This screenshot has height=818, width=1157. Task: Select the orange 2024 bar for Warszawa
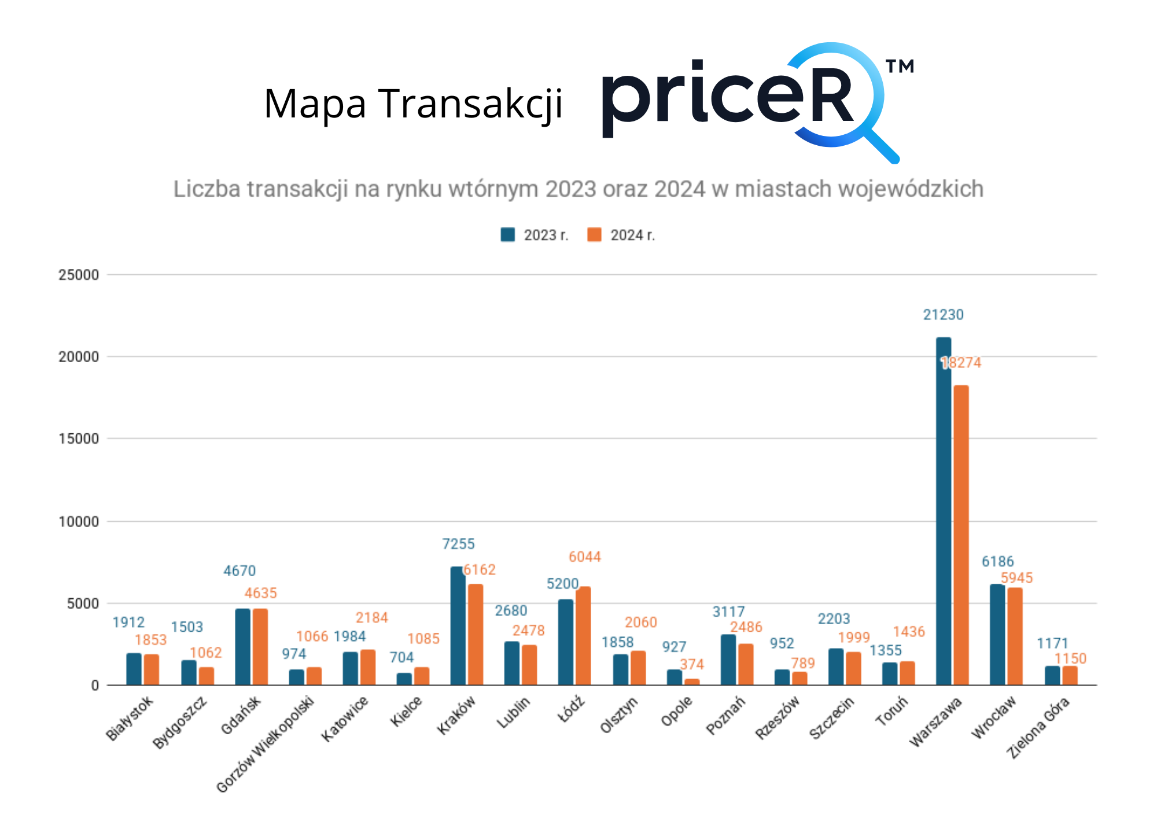click(x=961, y=535)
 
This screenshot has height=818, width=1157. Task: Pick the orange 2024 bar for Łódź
click(x=583, y=636)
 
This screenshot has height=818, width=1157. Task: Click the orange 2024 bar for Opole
click(x=691, y=682)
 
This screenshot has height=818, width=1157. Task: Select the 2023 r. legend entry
click(x=535, y=235)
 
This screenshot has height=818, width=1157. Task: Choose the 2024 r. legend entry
click(x=621, y=235)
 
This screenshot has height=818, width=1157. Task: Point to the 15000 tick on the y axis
click(x=79, y=439)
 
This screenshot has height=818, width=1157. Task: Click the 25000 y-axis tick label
click(x=79, y=275)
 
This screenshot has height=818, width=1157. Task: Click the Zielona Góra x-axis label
click(x=1038, y=728)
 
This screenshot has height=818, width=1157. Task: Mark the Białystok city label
click(x=130, y=718)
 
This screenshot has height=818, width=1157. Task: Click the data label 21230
click(x=943, y=315)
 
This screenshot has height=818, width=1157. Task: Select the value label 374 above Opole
click(x=692, y=664)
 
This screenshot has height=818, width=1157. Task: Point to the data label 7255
click(x=458, y=544)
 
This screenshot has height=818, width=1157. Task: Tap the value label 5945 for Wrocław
click(x=1016, y=577)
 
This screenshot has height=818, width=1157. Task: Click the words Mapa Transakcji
click(x=413, y=104)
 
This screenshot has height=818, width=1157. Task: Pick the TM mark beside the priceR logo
click(x=900, y=67)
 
